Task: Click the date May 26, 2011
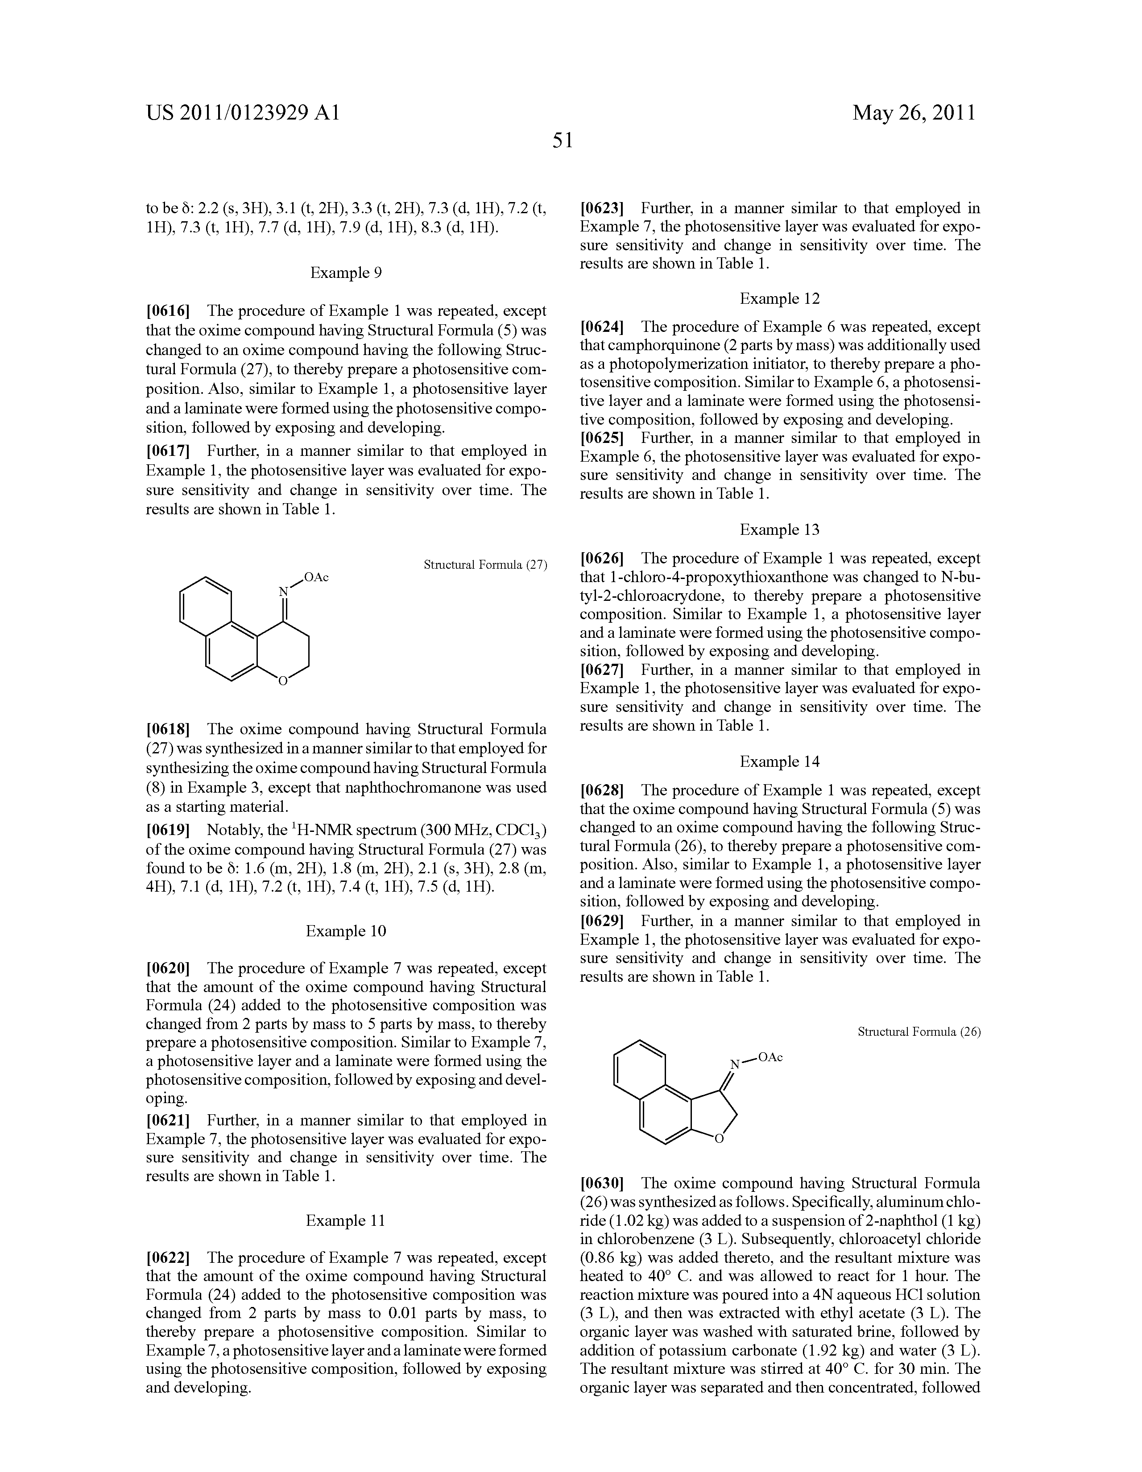[x=914, y=112]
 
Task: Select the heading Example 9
[x=346, y=273]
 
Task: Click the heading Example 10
[x=346, y=931]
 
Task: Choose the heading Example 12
[x=779, y=298]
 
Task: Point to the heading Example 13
[x=779, y=530]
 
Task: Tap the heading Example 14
[x=779, y=761]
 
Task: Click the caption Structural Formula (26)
[x=919, y=1032]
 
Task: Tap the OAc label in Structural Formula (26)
[x=770, y=1058]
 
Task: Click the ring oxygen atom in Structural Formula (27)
[x=283, y=682]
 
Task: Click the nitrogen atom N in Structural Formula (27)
[x=284, y=592]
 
